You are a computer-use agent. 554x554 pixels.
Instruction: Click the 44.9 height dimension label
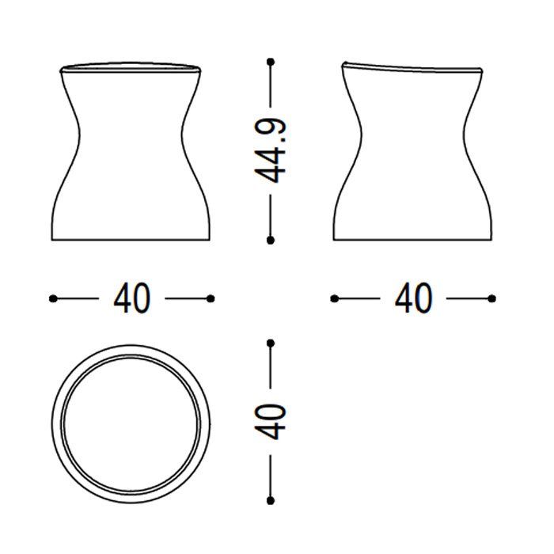pyautogui.click(x=270, y=151)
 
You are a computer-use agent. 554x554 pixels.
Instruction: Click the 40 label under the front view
pyautogui.click(x=132, y=298)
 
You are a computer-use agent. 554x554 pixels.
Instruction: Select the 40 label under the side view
pyautogui.click(x=413, y=298)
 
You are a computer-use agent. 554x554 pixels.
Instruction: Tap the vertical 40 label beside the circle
pyautogui.click(x=270, y=422)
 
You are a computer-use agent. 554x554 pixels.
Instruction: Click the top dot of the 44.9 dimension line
pyautogui.click(x=271, y=63)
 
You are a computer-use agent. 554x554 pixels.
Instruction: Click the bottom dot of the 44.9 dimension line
pyautogui.click(x=271, y=241)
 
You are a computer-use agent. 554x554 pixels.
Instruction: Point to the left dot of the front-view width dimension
pyautogui.click(x=53, y=299)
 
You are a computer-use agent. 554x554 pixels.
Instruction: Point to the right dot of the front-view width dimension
pyautogui.click(x=211, y=299)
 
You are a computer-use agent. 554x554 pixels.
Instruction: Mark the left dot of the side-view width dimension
pyautogui.click(x=334, y=299)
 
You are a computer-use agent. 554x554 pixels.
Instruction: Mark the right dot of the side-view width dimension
pyautogui.click(x=491, y=299)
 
